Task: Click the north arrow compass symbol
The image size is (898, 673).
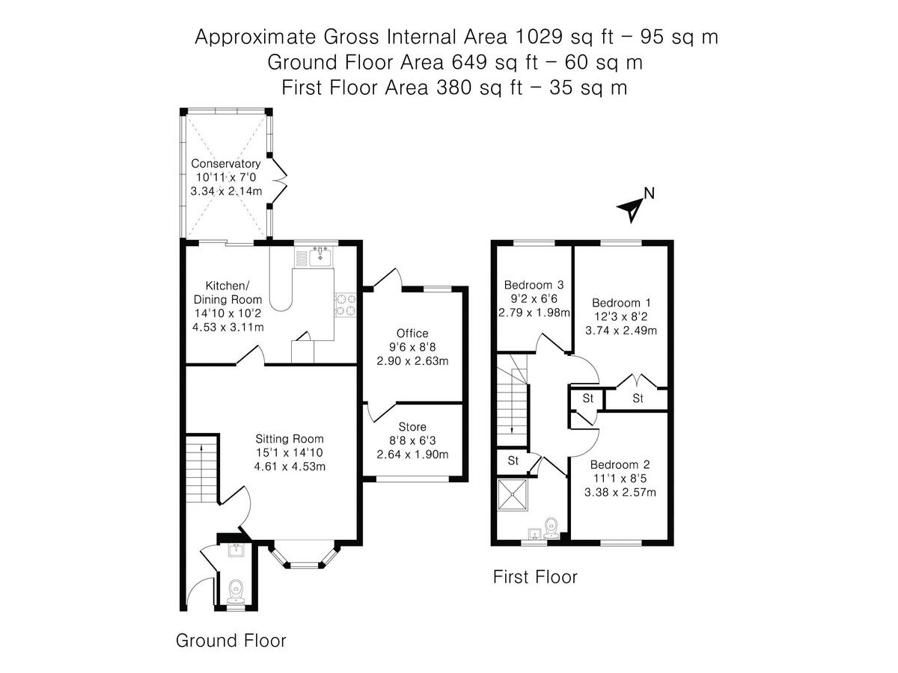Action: tap(632, 210)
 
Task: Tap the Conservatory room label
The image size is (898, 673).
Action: tap(226, 164)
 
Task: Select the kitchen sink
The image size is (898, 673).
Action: tap(320, 256)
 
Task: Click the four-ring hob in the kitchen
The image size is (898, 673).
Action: tap(346, 305)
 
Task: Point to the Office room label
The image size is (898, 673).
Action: tap(412, 333)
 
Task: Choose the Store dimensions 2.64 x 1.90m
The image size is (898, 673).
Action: tap(412, 454)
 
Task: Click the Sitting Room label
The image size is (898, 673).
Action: tap(290, 438)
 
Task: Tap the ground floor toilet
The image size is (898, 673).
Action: tap(236, 591)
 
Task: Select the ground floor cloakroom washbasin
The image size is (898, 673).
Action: tap(236, 550)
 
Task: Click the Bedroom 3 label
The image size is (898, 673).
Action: tap(534, 284)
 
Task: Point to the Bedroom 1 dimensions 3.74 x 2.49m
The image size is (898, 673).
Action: tap(621, 331)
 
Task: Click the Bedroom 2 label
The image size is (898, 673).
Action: tap(620, 464)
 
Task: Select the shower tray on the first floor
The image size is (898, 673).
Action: tap(513, 495)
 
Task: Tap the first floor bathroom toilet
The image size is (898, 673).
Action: tap(551, 528)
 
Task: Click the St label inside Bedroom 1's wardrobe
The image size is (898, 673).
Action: tap(638, 398)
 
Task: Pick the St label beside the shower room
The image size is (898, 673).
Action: tap(513, 461)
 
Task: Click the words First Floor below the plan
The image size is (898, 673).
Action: tap(535, 577)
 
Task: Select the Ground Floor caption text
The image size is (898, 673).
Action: tap(231, 640)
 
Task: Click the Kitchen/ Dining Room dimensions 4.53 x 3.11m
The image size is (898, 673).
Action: tap(228, 327)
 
